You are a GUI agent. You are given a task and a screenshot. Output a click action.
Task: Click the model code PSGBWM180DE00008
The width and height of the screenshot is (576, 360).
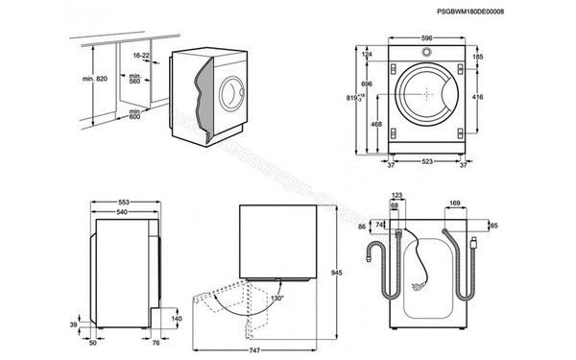coord(511,11)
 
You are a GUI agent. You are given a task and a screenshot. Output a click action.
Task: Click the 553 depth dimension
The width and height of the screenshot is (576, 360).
coord(123,202)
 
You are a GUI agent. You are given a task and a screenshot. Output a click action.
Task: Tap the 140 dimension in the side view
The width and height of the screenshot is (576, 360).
coord(176,319)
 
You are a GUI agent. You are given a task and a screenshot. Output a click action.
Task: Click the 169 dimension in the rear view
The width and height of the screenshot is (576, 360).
coord(454,204)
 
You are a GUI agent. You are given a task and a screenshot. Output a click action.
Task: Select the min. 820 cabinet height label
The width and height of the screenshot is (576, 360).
coord(87,78)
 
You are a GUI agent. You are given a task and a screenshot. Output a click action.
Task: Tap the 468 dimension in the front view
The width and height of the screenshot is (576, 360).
coord(377,124)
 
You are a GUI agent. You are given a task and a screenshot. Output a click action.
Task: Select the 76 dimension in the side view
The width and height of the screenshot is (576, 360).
coord(154,340)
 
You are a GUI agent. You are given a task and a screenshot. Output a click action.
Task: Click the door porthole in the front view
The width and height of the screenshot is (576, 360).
coord(422,94)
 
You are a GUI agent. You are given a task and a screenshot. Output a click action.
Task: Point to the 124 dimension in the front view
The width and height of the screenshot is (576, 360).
coord(367,55)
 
